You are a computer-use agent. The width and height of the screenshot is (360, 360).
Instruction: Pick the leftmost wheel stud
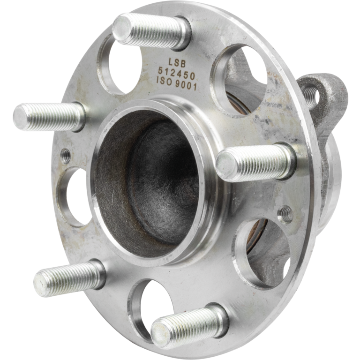click(47, 115)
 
